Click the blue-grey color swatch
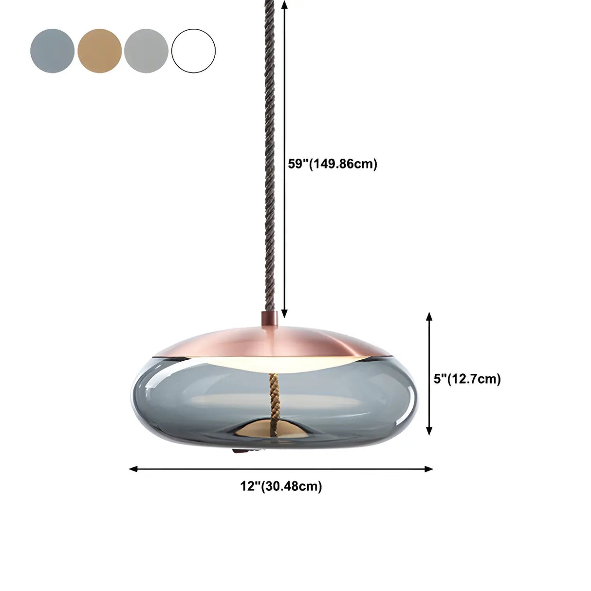[52, 51]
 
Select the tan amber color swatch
[99, 51]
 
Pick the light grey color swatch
[146, 51]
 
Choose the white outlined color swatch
[193, 51]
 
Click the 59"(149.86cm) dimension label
[332, 164]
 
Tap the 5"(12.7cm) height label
[467, 379]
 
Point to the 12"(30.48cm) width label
[281, 486]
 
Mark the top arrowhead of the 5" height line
[429, 316]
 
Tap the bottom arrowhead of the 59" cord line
[285, 314]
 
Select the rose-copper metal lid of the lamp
[273, 341]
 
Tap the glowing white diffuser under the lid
[273, 363]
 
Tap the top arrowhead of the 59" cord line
[285, 4]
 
